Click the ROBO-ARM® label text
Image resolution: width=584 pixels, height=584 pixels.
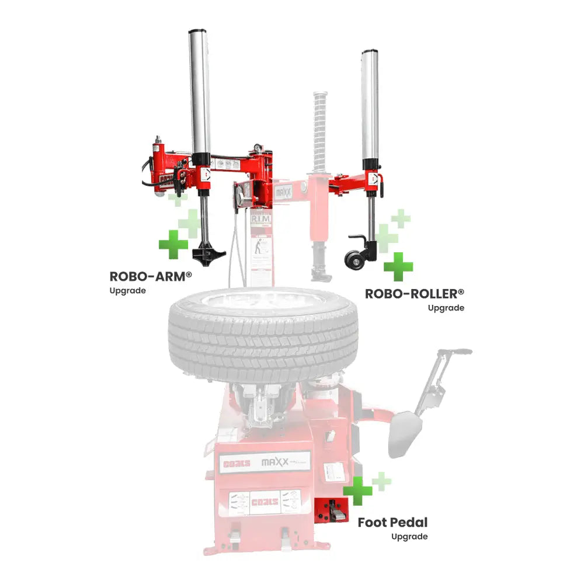click(151, 276)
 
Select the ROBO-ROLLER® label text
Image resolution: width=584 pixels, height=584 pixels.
click(415, 293)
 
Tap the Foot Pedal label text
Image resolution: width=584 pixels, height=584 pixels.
click(392, 522)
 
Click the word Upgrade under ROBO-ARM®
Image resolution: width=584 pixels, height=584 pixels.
click(127, 291)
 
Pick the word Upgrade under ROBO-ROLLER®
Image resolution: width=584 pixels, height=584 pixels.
click(446, 308)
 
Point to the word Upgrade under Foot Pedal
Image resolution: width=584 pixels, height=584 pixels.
click(409, 536)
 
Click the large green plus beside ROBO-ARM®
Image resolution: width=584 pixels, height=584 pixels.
click(173, 244)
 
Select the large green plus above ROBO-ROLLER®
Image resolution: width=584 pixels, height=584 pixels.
click(398, 267)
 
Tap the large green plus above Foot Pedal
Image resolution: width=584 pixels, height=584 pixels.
click(358, 491)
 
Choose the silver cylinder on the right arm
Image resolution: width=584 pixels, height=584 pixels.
click(369, 105)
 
